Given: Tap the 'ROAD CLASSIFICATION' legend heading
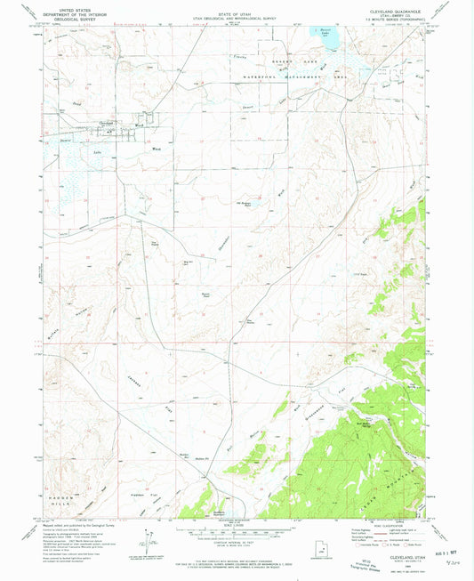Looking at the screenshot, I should tap(386, 527).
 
